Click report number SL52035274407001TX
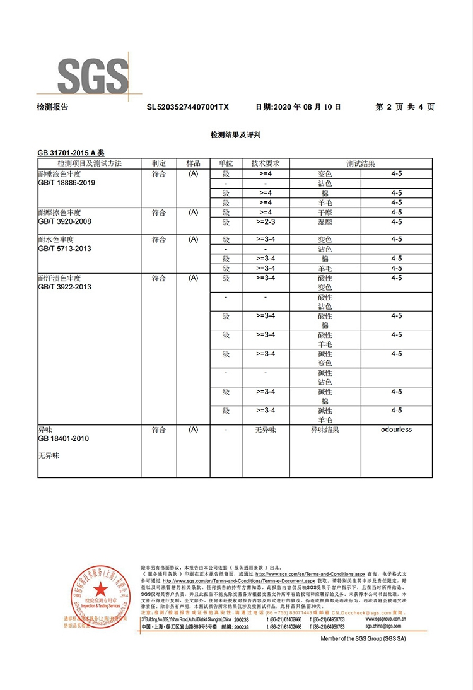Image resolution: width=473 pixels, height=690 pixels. [187, 107]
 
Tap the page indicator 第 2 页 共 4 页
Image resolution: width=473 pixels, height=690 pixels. [404, 107]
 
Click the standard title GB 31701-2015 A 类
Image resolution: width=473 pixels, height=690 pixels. [71, 153]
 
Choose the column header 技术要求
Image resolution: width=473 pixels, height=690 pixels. [265, 163]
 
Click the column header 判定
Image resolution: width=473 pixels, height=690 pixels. [158, 163]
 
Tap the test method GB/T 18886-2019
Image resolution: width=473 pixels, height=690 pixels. [67, 183]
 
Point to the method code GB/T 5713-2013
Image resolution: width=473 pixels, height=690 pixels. [64, 249]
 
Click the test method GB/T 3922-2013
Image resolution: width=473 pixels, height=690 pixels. [64, 287]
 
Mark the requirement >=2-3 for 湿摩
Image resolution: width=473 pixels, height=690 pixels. [265, 222]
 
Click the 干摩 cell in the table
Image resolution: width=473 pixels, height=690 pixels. [325, 213]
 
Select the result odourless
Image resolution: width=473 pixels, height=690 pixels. [396, 430]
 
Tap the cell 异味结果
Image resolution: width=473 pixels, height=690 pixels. [325, 430]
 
